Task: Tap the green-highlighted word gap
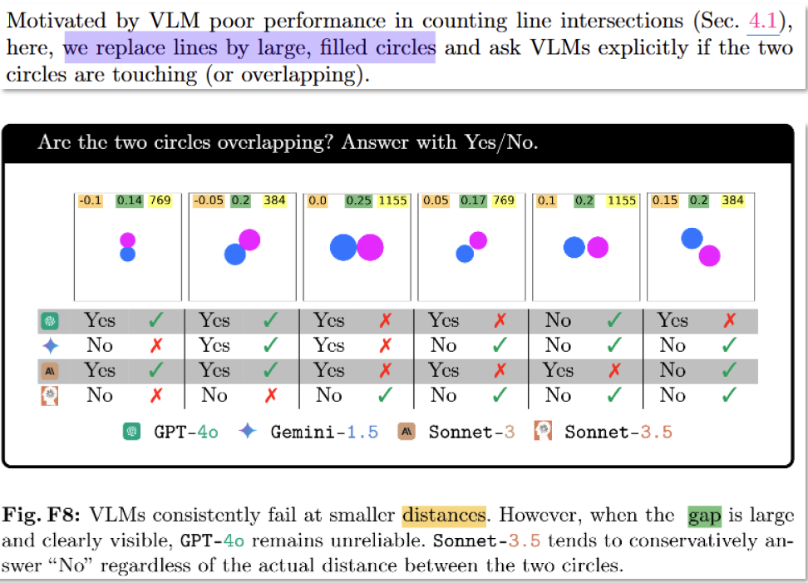point(704,516)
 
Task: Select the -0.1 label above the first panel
point(89,200)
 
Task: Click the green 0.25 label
point(359,200)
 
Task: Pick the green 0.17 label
point(474,200)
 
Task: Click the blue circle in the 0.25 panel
point(342,247)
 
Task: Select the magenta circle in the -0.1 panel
point(127,240)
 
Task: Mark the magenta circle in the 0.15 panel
point(709,254)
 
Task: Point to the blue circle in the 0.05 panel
point(465,253)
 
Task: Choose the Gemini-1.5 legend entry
point(319,432)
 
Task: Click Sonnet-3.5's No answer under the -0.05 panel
point(214,396)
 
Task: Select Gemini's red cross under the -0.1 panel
point(155,345)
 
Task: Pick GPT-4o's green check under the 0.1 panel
point(613,320)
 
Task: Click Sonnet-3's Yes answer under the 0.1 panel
point(558,370)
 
